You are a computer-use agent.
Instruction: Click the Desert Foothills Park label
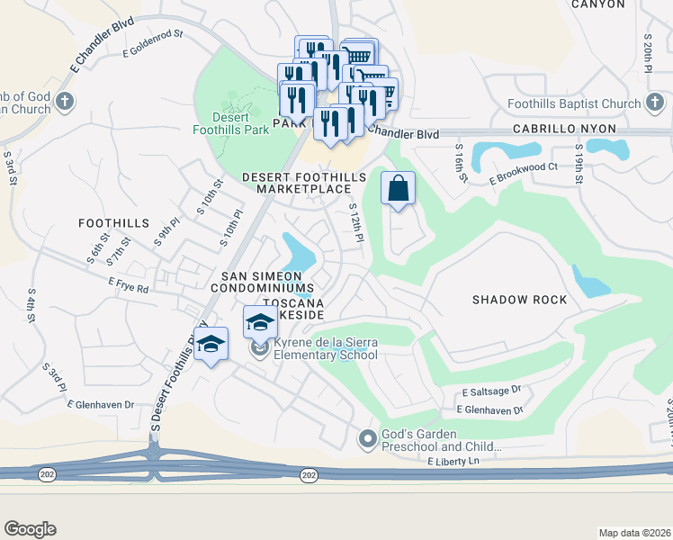point(230,123)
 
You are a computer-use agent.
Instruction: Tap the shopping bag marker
point(398,190)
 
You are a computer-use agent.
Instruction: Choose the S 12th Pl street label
point(355,222)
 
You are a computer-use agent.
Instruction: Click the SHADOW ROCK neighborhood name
point(519,300)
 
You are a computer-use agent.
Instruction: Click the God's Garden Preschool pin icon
point(366,439)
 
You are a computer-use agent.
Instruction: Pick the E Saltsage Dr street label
point(491,391)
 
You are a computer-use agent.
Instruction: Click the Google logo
point(30,529)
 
